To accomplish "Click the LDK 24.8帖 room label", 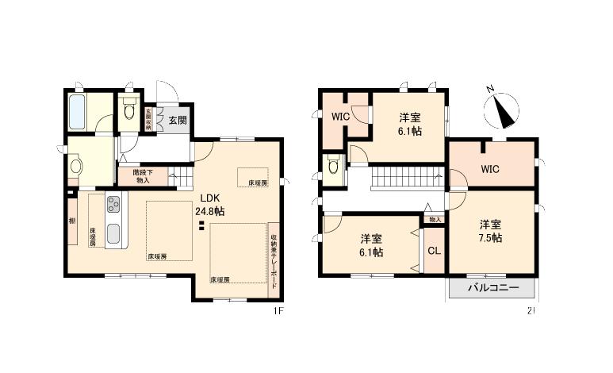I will click(x=212, y=205).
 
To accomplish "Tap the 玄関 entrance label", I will click(x=178, y=121).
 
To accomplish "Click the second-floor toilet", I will click(x=333, y=167).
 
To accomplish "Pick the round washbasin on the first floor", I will click(x=76, y=167).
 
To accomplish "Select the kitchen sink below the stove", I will click(x=113, y=235).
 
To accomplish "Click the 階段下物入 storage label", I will click(x=144, y=175).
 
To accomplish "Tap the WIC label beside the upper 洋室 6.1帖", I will click(x=340, y=117).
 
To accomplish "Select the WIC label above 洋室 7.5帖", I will click(x=489, y=168).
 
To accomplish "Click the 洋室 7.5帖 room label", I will click(x=489, y=230).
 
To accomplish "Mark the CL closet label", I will click(x=433, y=252).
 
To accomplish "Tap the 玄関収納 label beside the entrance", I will click(x=148, y=118).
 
